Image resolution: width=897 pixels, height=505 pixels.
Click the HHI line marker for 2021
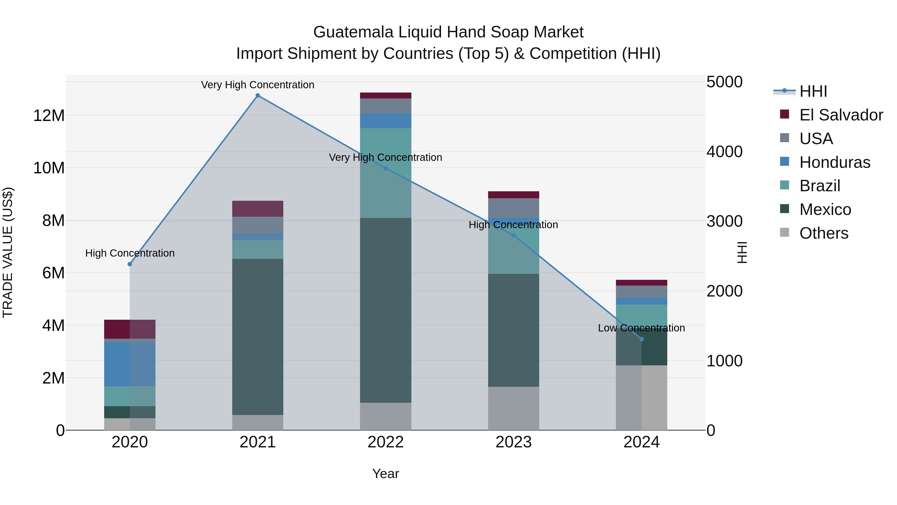[x=258, y=96]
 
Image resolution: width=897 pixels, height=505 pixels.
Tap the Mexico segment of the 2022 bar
[x=385, y=310]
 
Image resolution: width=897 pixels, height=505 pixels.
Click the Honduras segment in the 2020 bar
[x=130, y=364]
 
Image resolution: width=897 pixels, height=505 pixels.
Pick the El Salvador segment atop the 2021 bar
[x=258, y=209]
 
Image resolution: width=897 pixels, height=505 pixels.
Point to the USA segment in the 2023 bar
[x=513, y=208]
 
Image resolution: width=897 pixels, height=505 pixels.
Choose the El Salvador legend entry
[x=841, y=115]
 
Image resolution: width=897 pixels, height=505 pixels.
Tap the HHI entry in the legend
[x=813, y=91]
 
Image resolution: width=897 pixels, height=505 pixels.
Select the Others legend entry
[x=823, y=233]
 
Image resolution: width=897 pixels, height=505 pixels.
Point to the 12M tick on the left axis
[x=49, y=115]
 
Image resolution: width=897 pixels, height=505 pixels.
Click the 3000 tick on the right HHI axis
[x=724, y=221]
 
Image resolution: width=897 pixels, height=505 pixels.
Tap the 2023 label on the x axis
[x=513, y=442]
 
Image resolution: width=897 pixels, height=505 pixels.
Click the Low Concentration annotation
[x=641, y=328]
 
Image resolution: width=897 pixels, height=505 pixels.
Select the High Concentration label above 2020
[x=130, y=253]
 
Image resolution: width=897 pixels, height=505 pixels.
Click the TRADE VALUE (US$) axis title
[x=8, y=252]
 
